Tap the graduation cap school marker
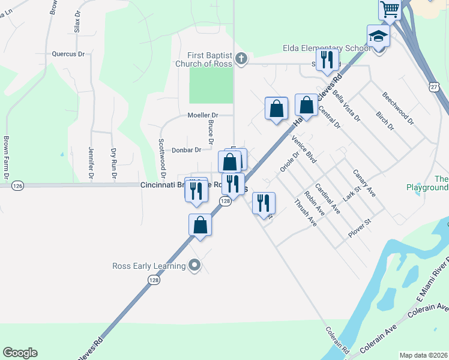pos(378,35)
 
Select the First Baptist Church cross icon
pos(241,58)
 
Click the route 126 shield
pos(17,187)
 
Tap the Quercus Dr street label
pos(68,53)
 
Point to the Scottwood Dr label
pos(161,154)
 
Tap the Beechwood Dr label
pos(398,108)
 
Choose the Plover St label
pos(360,229)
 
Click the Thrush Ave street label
pos(306,212)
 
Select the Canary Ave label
pos(364,184)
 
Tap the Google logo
pos(20,353)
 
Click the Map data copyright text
pos(423,355)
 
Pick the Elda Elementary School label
pos(326,49)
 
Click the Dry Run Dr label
pos(112,164)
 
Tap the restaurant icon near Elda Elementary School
pos(327,61)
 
